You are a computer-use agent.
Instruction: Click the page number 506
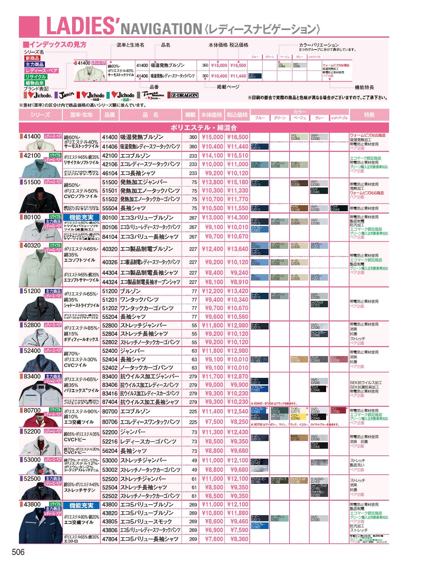pos(18,552)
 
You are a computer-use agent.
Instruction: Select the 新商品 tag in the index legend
pos(32,58)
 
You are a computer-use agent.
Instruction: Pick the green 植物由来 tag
pos(35,83)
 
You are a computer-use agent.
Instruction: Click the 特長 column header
pos(369,115)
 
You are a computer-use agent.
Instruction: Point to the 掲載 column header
pos(190,115)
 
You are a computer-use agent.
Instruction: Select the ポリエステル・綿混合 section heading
pos(204,128)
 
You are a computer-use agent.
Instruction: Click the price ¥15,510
pos(238,156)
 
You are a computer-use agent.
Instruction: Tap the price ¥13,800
pos(212,182)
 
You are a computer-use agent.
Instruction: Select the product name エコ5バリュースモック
pos(146,521)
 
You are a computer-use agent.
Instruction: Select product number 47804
pos(110,539)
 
